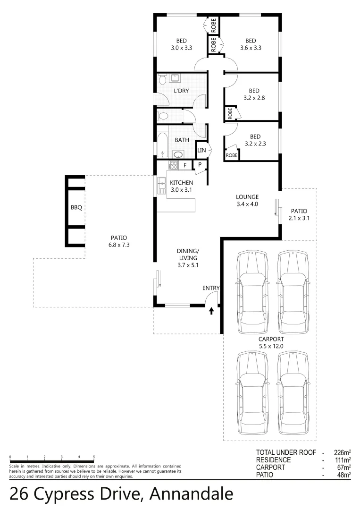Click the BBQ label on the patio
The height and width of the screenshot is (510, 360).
[76, 207]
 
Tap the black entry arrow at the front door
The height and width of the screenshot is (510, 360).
[211, 311]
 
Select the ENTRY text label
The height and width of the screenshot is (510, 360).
[210, 288]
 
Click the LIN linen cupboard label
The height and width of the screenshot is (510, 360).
[201, 151]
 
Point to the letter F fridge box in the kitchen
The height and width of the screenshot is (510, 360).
[185, 165]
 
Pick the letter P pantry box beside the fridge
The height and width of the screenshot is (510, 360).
[200, 165]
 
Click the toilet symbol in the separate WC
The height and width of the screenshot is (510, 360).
[163, 115]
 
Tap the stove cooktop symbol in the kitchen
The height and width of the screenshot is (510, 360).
[173, 165]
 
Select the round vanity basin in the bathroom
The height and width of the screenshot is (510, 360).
[179, 154]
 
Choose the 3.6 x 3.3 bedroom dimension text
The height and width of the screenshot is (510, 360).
[251, 48]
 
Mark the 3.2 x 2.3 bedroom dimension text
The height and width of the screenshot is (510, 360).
[255, 144]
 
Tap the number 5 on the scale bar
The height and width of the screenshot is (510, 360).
[94, 457]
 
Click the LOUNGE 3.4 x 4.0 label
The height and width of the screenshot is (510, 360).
[247, 201]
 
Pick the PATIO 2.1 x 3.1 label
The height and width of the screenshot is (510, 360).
[298, 214]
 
